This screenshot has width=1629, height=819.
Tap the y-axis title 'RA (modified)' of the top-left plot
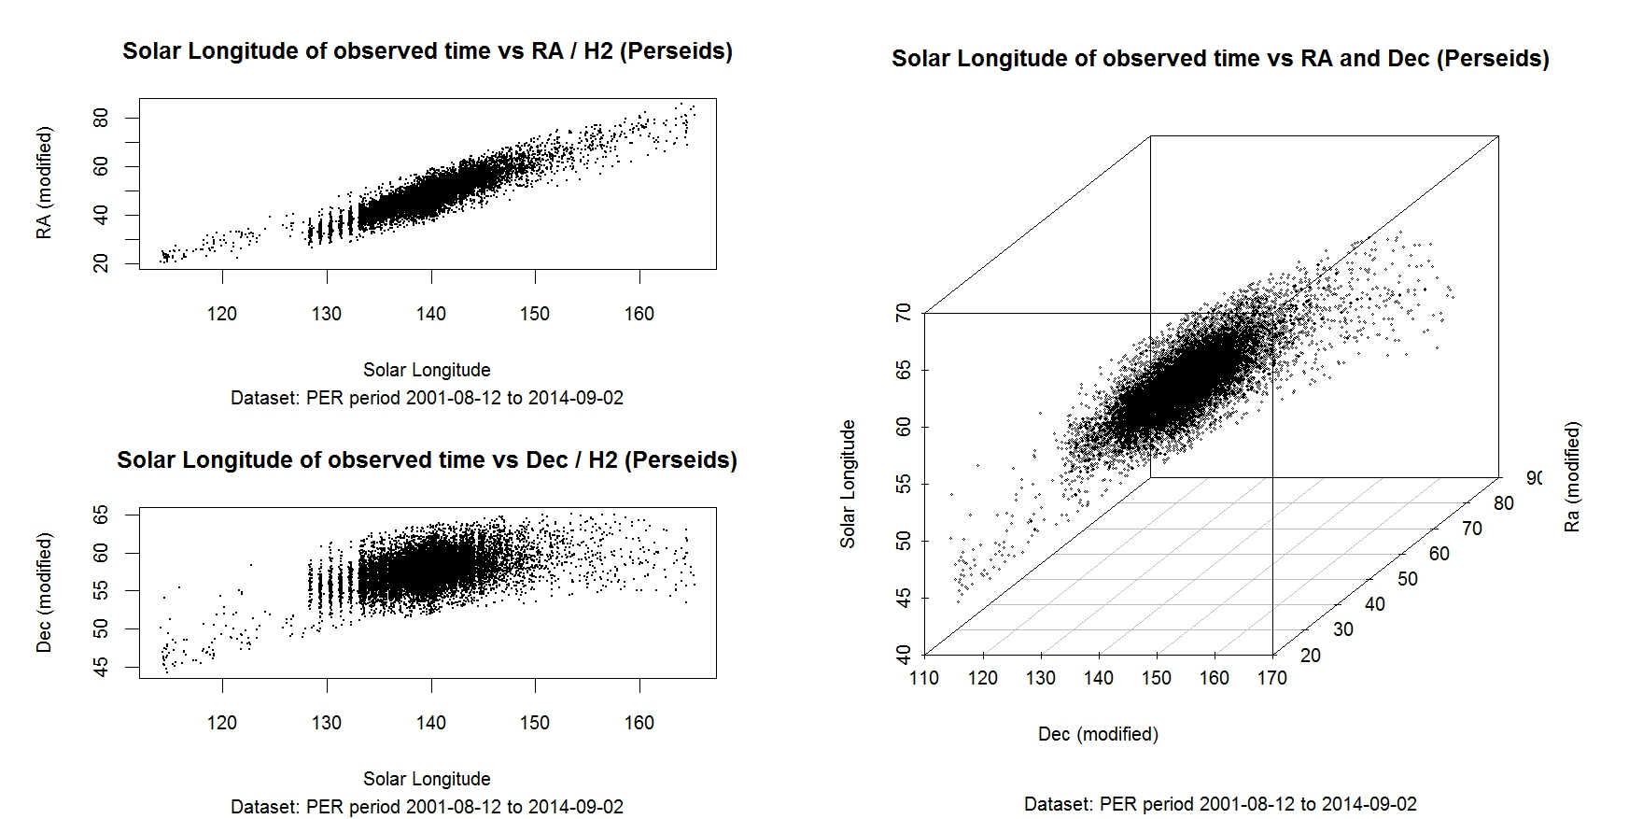[x=44, y=183]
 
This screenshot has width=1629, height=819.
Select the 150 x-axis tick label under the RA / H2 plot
[x=535, y=314]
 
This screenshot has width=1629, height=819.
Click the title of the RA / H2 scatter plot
[x=428, y=51]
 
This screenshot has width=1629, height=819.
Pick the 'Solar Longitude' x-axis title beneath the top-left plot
[x=427, y=370]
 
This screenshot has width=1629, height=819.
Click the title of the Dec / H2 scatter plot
[x=428, y=460]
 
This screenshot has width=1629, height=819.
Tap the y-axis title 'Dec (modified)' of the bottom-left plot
[x=44, y=592]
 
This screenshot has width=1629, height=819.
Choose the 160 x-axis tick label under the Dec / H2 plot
[x=639, y=723]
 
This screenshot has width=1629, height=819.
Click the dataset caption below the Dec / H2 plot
[x=427, y=807]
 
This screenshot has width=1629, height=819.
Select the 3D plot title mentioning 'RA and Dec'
[x=1220, y=59]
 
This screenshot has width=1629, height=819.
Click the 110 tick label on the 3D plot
[x=924, y=678]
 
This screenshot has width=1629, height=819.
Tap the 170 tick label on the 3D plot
[x=1271, y=678]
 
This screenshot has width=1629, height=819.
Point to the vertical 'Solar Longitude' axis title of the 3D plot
[x=848, y=484]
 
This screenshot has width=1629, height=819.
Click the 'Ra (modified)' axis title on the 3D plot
[x=1573, y=477]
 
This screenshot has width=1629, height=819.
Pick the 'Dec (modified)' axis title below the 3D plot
[x=1098, y=734]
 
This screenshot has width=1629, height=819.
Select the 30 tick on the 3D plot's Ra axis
[x=1342, y=629]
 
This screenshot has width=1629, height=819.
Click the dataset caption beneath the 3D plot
[x=1220, y=804]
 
